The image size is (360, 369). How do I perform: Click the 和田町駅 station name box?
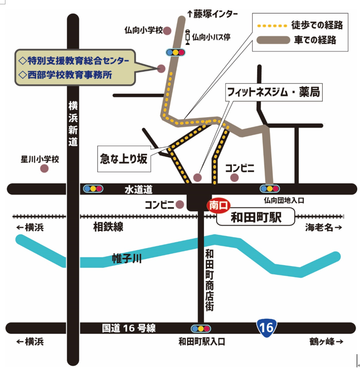point(256,217)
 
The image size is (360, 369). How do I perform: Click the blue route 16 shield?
point(266,328)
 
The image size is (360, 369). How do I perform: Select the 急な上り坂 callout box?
point(124,159)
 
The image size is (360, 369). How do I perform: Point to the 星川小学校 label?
point(39,159)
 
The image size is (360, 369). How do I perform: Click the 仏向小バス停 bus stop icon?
point(187,36)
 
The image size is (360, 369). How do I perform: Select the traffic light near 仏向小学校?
point(175,53)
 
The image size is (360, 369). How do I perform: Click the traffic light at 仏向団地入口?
point(269,189)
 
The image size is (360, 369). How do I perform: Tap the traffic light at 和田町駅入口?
point(201,329)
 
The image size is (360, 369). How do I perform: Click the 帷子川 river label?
point(127,258)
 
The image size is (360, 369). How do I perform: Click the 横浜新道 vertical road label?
point(73,124)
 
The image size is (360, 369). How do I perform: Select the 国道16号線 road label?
point(129,328)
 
